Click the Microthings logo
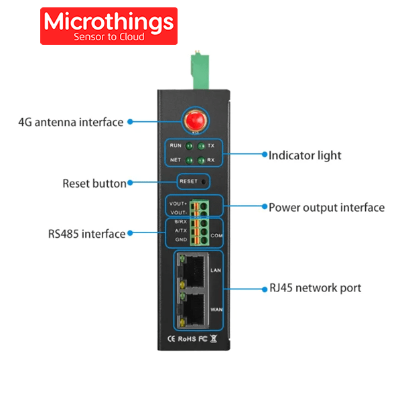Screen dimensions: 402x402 pos(109,26)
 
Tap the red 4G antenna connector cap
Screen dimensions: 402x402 pos(194,121)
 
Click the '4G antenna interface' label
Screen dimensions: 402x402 pos(70,122)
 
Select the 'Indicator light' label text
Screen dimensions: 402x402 pos(305,155)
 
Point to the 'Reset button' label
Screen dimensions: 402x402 pos(94,183)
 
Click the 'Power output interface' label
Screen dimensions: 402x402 pos(326,207)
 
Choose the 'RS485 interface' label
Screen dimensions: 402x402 pos(86,234)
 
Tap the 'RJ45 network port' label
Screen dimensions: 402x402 pos(315,288)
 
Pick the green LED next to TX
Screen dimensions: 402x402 pos(200,146)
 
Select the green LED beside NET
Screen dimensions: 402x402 pos(190,160)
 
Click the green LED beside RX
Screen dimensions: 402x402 pos(200,160)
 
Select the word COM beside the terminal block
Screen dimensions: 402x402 pos(216,235)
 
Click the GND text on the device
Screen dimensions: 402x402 pos(181,239)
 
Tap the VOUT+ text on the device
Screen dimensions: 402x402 pos(178,204)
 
